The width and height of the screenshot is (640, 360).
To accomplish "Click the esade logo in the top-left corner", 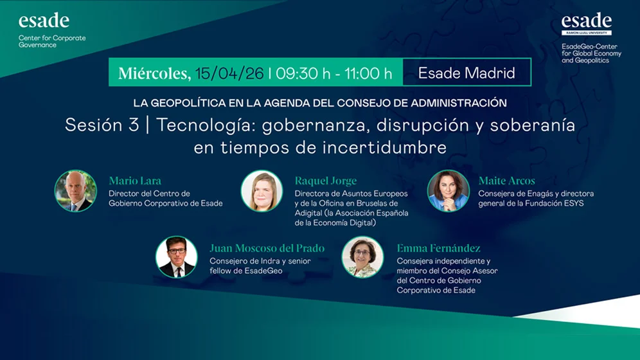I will [44, 21].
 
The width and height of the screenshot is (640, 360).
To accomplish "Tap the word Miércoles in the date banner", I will [154, 73].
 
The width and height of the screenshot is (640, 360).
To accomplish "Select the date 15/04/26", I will [229, 73].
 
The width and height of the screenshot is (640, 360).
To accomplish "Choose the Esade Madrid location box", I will [467, 73].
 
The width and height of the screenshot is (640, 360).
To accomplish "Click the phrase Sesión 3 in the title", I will [102, 125].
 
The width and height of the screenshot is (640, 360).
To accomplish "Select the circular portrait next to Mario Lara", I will [76, 191].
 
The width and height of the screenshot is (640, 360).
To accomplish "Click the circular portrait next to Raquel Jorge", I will [262, 191].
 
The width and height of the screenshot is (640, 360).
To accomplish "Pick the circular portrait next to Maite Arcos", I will [449, 191].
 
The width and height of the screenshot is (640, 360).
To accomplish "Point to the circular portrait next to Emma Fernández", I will [362, 257].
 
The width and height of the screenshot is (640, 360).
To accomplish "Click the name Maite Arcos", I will [506, 181].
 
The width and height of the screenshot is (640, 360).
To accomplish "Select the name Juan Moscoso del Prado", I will [267, 248].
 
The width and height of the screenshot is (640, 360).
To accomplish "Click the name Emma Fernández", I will [438, 248].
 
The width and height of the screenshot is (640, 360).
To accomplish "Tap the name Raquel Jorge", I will [325, 181].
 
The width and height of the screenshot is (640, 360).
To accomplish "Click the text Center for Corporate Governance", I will [51, 41].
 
